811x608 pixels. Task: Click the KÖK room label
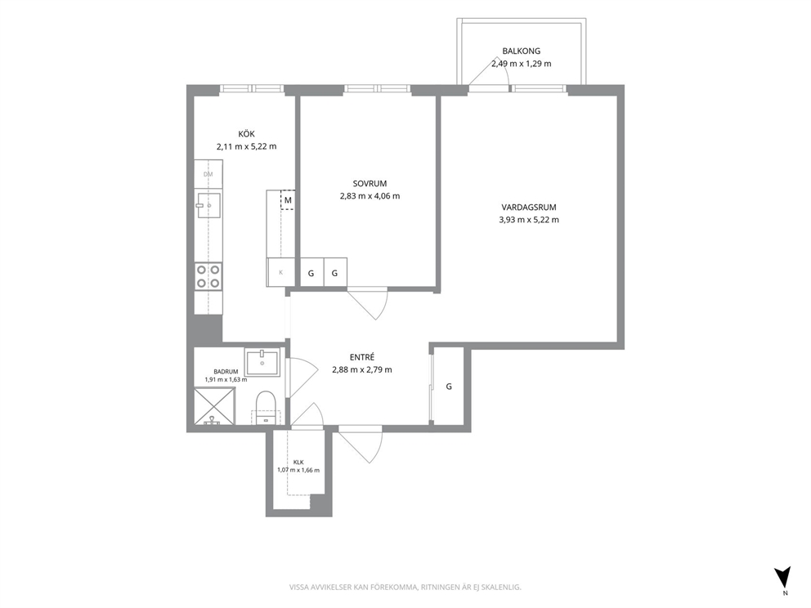246,134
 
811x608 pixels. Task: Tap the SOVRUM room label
370,184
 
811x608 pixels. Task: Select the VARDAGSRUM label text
529,208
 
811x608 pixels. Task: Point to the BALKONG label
522,51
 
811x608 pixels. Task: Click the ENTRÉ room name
362,357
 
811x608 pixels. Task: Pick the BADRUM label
226,372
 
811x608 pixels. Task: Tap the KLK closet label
298,463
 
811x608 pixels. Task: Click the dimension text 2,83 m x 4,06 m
370,196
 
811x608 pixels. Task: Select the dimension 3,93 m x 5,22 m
529,220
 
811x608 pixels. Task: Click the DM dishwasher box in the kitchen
208,174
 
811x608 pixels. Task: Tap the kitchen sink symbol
208,205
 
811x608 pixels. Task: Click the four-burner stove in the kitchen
208,276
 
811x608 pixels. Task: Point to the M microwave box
288,200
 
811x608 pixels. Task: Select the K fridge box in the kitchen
280,272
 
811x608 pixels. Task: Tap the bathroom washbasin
262,362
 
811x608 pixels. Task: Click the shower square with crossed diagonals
215,406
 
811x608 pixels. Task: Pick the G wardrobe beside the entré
449,387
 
